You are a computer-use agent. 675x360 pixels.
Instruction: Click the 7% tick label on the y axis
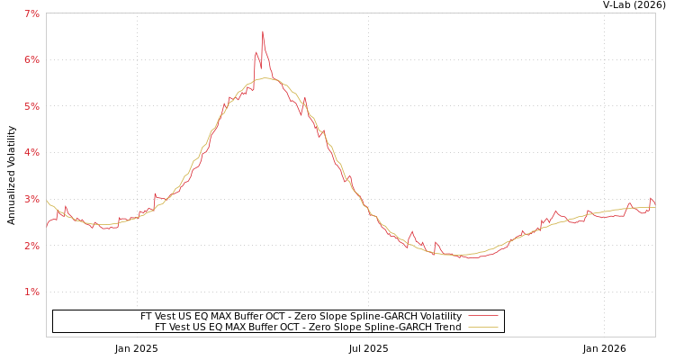[31, 13]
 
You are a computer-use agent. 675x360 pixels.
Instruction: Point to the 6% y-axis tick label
[31, 60]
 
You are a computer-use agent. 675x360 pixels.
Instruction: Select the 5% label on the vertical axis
[31, 106]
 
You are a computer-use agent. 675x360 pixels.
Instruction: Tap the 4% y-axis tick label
[31, 153]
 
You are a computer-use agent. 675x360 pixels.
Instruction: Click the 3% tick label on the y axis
[31, 199]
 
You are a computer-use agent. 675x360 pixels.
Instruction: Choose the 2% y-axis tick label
[31, 246]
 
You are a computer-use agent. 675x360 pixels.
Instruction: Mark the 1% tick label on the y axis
[31, 292]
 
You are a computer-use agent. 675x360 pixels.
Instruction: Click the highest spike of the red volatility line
[263, 31]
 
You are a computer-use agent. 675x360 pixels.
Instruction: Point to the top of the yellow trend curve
[265, 78]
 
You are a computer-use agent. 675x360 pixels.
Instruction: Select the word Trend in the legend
[446, 328]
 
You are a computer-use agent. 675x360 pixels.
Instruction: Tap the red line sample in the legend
[483, 317]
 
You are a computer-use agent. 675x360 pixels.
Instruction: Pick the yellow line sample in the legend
[483, 328]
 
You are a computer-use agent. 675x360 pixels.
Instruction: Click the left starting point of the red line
[47, 227]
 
